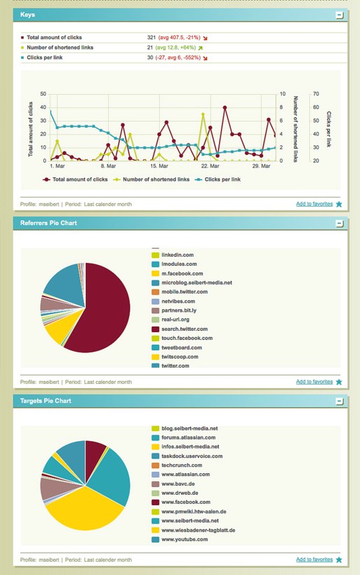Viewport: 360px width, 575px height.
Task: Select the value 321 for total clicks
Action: point(151,37)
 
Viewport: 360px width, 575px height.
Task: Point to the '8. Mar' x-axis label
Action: point(107,167)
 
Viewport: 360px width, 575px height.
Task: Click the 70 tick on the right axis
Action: point(315,94)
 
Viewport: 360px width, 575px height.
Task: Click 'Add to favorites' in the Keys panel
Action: point(314,204)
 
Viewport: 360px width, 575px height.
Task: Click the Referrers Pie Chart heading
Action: point(49,223)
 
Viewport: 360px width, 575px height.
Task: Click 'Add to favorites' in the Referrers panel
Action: point(314,382)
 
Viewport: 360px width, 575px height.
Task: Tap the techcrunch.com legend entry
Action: point(181,465)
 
